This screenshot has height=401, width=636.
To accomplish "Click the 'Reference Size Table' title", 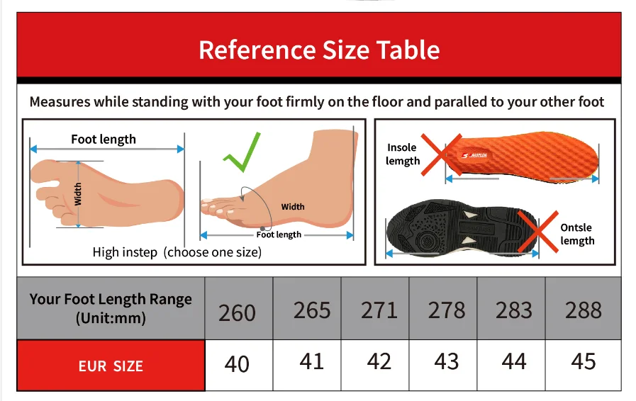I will (x=319, y=50).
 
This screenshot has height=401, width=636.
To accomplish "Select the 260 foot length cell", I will (x=237, y=312).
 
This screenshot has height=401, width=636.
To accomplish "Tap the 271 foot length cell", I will (x=379, y=310).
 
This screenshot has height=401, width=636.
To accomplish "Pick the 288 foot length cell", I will (x=583, y=310).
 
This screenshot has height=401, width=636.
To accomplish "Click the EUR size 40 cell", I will (x=237, y=363).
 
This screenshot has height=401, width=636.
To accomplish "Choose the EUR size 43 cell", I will (x=446, y=361).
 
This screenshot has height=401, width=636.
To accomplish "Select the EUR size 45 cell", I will (x=583, y=361).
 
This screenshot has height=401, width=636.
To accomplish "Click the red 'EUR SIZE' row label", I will (x=111, y=366).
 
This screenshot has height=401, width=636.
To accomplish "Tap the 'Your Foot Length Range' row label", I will (x=111, y=307).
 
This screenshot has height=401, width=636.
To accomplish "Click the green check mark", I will (x=241, y=152).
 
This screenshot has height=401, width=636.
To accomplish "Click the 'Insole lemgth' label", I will (x=403, y=154).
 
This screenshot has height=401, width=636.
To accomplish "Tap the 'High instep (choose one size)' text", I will (x=177, y=252).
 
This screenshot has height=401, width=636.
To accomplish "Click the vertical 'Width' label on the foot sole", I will (x=79, y=193).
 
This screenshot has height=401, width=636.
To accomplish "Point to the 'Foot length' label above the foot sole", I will (x=104, y=139).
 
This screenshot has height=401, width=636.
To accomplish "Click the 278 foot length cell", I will (x=446, y=310).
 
